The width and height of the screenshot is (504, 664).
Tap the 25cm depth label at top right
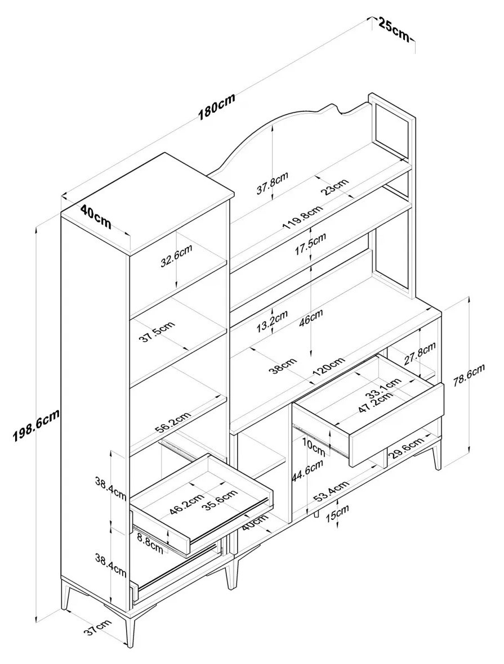click(393, 29)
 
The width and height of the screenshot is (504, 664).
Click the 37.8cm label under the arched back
click(273, 182)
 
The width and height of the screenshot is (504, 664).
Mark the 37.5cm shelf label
click(157, 331)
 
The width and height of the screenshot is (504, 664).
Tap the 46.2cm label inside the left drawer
click(186, 504)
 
